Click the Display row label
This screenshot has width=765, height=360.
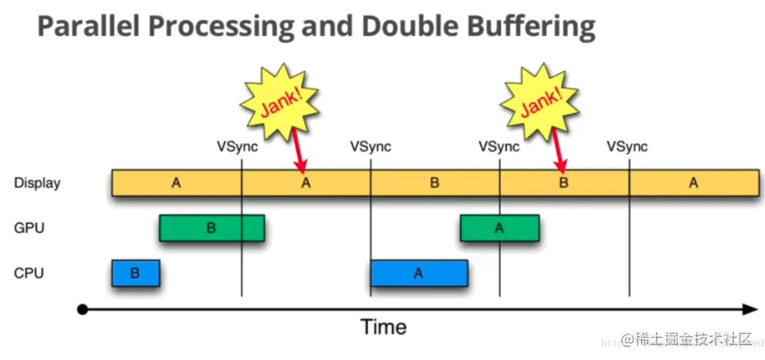point(37,183)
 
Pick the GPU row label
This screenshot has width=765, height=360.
point(29,228)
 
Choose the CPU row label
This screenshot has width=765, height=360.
point(29,273)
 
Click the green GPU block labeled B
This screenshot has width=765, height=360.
point(212,228)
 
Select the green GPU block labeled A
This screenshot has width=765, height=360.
point(499,228)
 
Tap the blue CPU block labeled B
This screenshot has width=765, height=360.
point(135,273)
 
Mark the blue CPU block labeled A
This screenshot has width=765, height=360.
point(418,273)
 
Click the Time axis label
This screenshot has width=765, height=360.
point(384,327)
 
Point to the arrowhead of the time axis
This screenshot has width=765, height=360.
point(750,309)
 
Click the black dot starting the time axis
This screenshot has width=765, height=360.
point(82,309)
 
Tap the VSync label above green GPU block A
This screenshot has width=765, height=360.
point(499,147)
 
